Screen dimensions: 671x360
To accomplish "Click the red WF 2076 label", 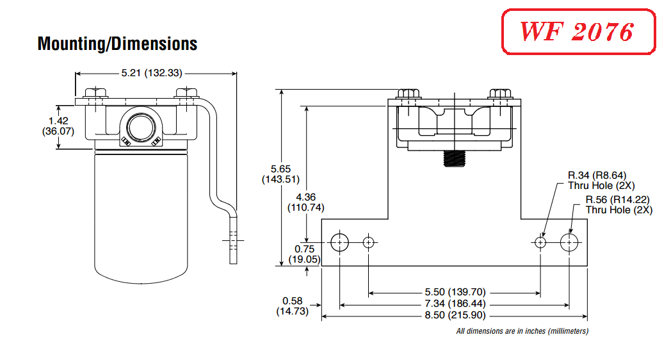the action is (x=578, y=31).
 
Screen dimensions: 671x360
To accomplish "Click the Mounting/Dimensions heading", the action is (x=117, y=44).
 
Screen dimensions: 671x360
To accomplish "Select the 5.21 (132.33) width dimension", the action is (x=152, y=73).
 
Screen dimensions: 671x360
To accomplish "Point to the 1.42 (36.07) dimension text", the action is (x=58, y=126).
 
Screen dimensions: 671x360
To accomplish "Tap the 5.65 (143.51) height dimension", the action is (x=280, y=174).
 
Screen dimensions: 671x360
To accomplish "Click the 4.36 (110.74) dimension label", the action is (x=306, y=202).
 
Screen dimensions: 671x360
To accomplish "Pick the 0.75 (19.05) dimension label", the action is (x=304, y=254).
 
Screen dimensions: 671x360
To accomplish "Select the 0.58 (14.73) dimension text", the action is (x=292, y=306).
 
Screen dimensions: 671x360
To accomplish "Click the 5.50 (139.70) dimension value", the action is (x=455, y=292).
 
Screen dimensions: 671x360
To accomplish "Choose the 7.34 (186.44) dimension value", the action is (x=455, y=304).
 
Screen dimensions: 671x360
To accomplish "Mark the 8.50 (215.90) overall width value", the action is (x=455, y=315).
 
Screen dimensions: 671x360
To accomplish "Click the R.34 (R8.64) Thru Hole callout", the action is (x=601, y=180).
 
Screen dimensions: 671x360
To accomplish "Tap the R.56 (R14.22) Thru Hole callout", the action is (x=618, y=204).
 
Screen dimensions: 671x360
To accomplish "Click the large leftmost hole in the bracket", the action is (x=340, y=243).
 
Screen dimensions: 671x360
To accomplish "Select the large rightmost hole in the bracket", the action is (x=569, y=243).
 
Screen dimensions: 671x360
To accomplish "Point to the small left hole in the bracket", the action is (x=368, y=243).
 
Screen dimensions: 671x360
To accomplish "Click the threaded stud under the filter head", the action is (x=454, y=159).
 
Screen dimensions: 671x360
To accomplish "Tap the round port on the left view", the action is (x=141, y=127).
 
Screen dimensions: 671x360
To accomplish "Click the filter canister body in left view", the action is (x=141, y=216).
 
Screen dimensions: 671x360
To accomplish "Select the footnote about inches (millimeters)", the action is (x=522, y=331).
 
